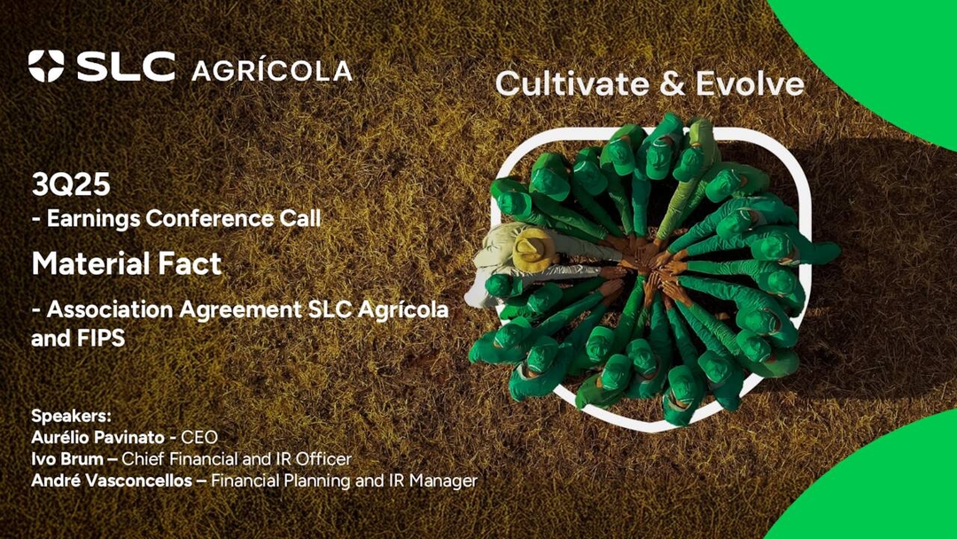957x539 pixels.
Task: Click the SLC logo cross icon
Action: (46, 66)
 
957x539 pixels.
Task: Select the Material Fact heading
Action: (127, 263)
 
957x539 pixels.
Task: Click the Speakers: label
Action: (66, 416)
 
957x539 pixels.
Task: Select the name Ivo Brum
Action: (67, 459)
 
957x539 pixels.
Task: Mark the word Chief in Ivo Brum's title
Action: (143, 459)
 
